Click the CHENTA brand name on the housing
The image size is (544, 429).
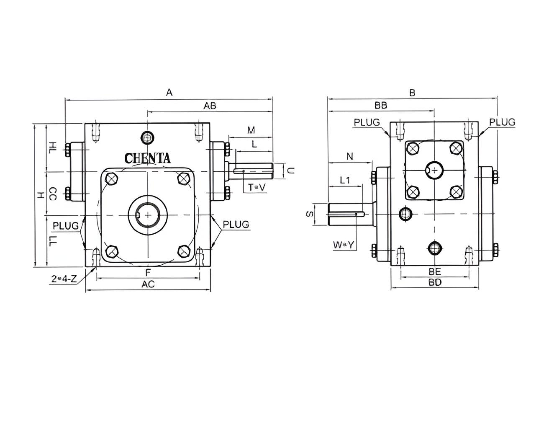[x=148, y=158]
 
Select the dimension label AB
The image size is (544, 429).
[x=210, y=106]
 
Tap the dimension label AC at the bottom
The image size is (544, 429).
[x=148, y=284]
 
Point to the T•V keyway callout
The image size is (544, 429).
[x=257, y=187]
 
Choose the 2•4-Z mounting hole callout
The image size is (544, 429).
[x=64, y=279]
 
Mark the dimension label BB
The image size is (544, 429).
[x=380, y=106]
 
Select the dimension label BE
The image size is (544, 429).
[x=435, y=272]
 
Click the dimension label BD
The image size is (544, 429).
[x=435, y=282]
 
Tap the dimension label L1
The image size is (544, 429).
[x=345, y=180]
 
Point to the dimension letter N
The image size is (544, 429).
[x=350, y=157]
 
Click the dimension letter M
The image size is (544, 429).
[x=251, y=130]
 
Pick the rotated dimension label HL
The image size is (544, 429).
[x=52, y=147]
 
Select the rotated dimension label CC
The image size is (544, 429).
[x=52, y=194]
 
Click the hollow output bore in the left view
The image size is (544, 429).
[x=148, y=214]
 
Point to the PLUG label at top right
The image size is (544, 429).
[x=502, y=122]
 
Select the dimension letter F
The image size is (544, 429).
[x=148, y=273]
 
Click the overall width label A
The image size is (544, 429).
[x=169, y=92]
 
